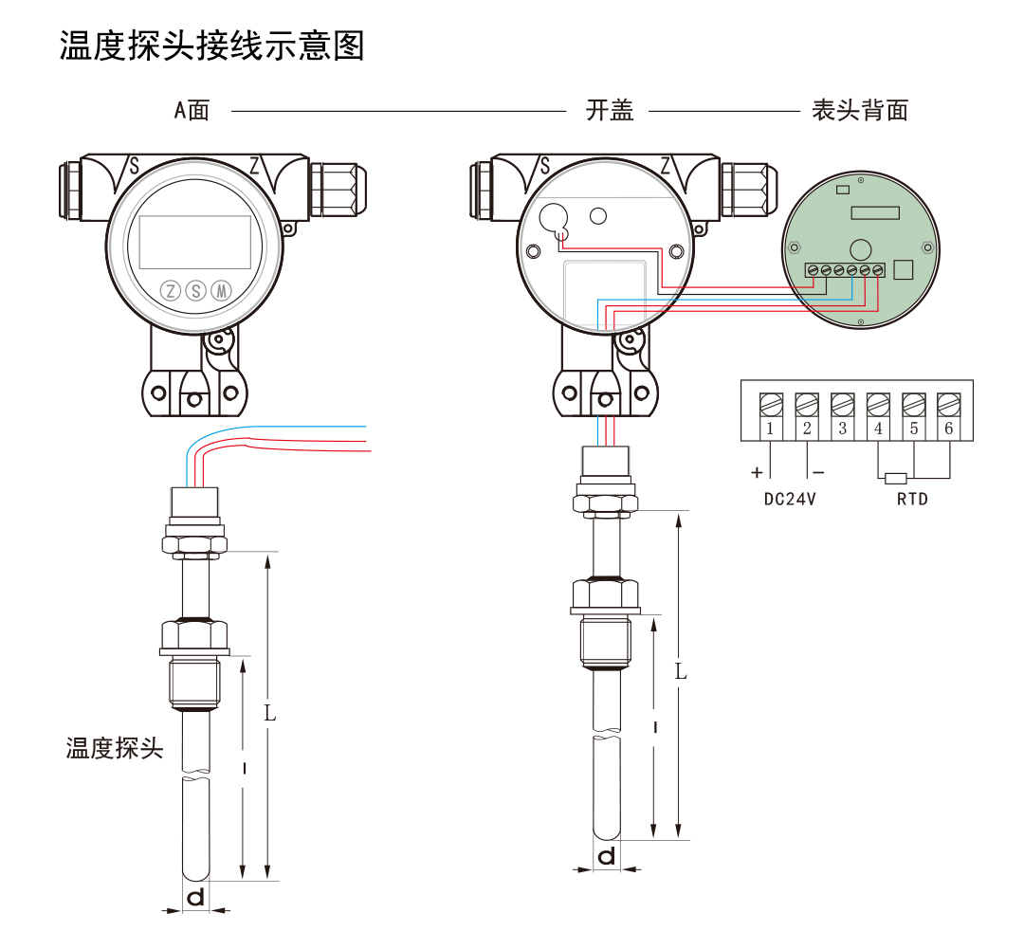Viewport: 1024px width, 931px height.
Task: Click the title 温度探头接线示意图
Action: [x=212, y=45]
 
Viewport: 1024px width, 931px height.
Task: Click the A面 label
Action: [x=192, y=111]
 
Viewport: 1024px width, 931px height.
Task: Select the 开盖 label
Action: [x=610, y=111]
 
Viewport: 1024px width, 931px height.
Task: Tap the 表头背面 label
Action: [x=860, y=111]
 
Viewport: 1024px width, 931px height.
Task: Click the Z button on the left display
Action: [x=172, y=290]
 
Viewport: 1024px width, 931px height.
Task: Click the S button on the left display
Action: [x=196, y=290]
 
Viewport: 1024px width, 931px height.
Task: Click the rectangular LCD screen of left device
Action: [x=195, y=241]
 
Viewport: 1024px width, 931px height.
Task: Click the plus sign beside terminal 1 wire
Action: [x=757, y=472]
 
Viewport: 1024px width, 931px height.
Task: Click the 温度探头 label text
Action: [x=115, y=749]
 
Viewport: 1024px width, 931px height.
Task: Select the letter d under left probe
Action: [x=195, y=897]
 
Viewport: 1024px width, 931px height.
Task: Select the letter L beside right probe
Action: [x=681, y=671]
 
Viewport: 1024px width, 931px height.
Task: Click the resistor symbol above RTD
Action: [x=896, y=478]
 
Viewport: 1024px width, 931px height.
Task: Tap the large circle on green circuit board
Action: [x=860, y=249]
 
